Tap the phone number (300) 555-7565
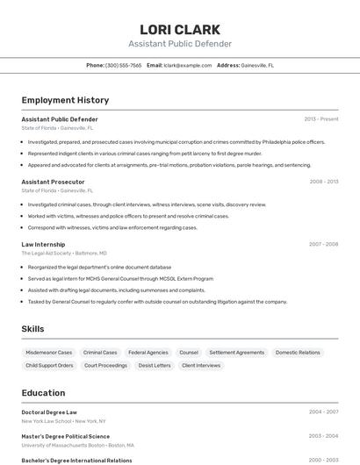click(123, 65)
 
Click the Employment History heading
click(65, 100)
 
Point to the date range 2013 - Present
click(320, 119)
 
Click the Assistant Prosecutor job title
click(53, 182)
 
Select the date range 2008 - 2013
click(323, 182)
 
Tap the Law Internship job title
click(43, 244)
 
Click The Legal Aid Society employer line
click(63, 253)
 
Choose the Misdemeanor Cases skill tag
click(49, 352)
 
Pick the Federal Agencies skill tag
click(148, 352)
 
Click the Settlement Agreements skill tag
click(236, 352)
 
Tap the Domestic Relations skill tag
click(298, 352)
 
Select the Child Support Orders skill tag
click(49, 365)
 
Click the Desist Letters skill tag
click(155, 365)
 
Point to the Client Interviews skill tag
click(201, 365)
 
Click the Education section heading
click(43, 393)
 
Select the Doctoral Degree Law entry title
click(49, 411)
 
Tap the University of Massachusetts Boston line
click(77, 445)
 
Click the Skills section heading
click(32, 329)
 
